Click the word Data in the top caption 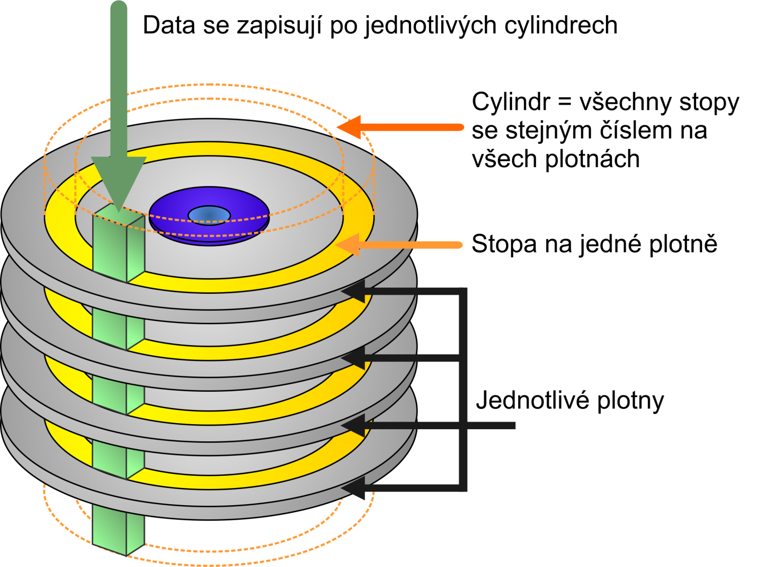169,25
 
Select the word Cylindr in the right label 510,102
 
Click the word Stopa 504,244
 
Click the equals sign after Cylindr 564,103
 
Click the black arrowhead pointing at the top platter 355,292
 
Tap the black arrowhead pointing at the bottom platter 355,488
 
